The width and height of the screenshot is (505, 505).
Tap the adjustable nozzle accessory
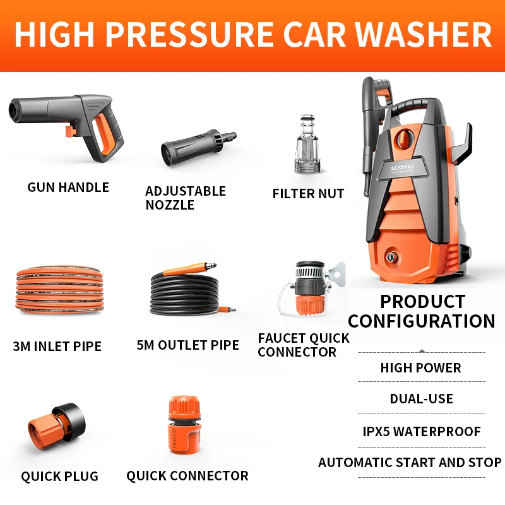pyautogui.click(x=199, y=148)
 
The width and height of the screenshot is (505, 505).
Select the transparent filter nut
pyautogui.click(x=307, y=145)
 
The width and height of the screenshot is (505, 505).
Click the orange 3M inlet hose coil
pyautogui.click(x=59, y=290)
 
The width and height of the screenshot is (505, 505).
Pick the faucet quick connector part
pyautogui.click(x=310, y=288)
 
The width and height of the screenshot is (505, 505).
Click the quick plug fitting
pyautogui.click(x=57, y=425)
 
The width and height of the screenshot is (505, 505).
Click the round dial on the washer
pyautogui.click(x=405, y=138)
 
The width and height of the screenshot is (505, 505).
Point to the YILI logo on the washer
pyautogui.click(x=403, y=168)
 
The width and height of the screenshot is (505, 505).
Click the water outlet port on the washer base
pyautogui.click(x=391, y=257)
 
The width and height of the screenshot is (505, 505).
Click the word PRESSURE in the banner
pyautogui.click(x=190, y=35)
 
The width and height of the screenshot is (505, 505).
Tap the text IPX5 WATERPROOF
pyautogui.click(x=422, y=431)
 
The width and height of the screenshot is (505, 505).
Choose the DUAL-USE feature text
pyautogui.click(x=421, y=399)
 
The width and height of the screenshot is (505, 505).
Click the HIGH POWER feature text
pyautogui.click(x=420, y=368)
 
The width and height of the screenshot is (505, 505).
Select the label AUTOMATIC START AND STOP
pyautogui.click(x=410, y=463)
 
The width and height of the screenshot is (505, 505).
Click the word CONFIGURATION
pyautogui.click(x=422, y=321)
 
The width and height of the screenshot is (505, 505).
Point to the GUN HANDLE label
pyautogui.click(x=68, y=187)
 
